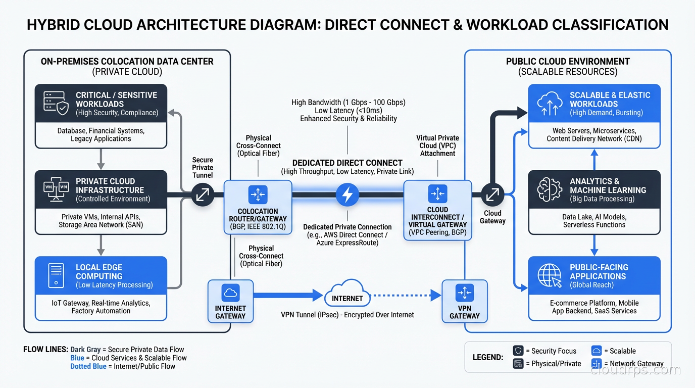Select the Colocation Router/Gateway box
[x=258, y=208]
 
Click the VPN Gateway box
[x=464, y=302]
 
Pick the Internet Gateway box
[x=230, y=302]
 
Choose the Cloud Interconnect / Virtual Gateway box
[x=437, y=209]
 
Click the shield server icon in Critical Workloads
[x=56, y=103]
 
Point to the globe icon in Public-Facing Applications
[x=550, y=276]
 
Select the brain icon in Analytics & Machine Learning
[x=550, y=189]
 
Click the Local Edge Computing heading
[x=99, y=272]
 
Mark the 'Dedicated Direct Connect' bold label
[x=347, y=163]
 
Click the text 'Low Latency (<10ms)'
[x=348, y=111]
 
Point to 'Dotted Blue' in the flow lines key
[x=88, y=366]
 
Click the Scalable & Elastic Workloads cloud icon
[x=550, y=103]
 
